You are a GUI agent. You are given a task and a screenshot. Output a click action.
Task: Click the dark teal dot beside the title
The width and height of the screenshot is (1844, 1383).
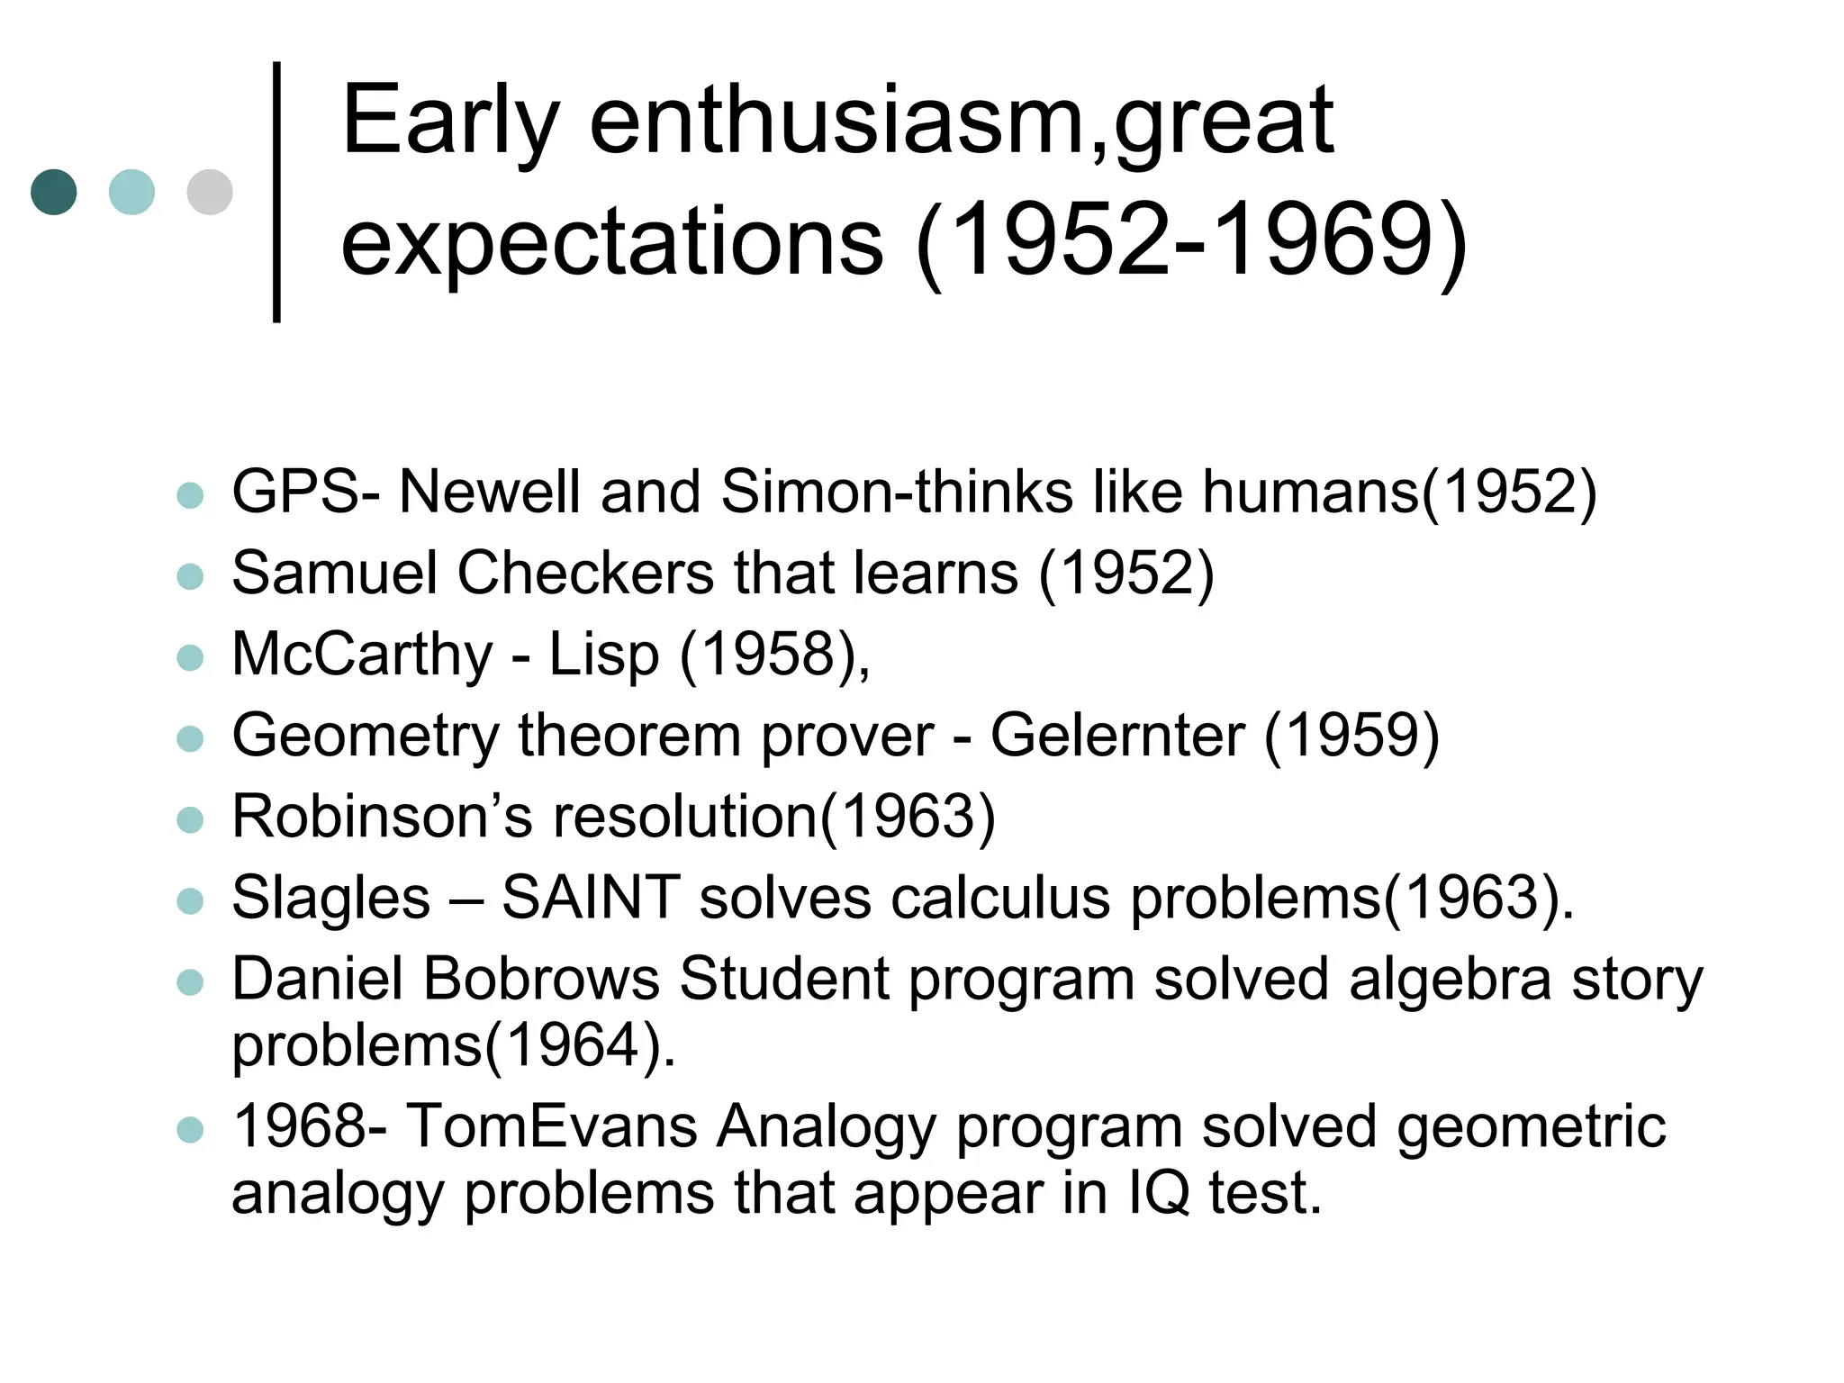54,192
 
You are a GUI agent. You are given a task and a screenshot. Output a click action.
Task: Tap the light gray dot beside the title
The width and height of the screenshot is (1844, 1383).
210,192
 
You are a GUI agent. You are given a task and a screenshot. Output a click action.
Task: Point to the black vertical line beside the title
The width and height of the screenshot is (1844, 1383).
276,191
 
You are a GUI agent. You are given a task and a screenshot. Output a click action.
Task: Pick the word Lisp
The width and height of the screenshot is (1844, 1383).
603,655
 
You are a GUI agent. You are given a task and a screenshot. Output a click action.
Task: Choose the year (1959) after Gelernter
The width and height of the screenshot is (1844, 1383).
1351,736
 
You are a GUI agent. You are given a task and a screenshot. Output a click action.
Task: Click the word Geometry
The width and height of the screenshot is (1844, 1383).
365,737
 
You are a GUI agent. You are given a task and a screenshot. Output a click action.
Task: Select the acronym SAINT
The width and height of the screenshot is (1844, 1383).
590,898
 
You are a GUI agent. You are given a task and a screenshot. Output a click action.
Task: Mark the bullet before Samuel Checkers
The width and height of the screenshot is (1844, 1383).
190,575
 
